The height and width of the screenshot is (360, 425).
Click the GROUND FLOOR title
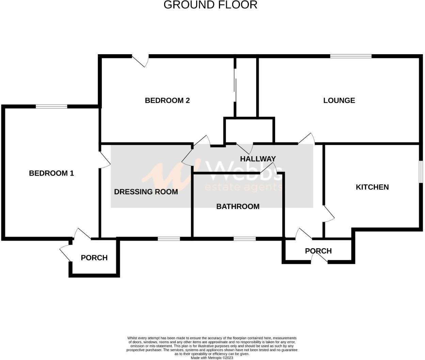point(210,5)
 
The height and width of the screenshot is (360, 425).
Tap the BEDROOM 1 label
point(51,173)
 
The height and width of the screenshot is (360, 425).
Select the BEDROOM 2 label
point(167,100)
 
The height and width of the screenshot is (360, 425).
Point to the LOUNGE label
point(339,100)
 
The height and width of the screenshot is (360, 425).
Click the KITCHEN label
point(372,187)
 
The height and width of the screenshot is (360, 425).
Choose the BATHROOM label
point(238,206)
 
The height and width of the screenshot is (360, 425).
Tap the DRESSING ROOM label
point(146,192)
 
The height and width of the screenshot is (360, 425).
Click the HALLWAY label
point(258,159)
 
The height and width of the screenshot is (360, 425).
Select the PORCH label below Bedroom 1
point(94,258)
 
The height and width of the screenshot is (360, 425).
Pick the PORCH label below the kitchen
point(318,251)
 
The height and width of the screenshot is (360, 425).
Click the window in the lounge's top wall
point(351,56)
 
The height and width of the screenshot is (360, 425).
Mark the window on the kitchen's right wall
point(421,171)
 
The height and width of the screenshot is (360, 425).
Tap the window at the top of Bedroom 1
point(51,107)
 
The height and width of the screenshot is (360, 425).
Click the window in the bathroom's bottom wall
point(245,239)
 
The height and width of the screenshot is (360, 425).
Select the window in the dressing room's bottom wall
point(169,239)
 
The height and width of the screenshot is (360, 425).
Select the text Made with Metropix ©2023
point(212,358)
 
